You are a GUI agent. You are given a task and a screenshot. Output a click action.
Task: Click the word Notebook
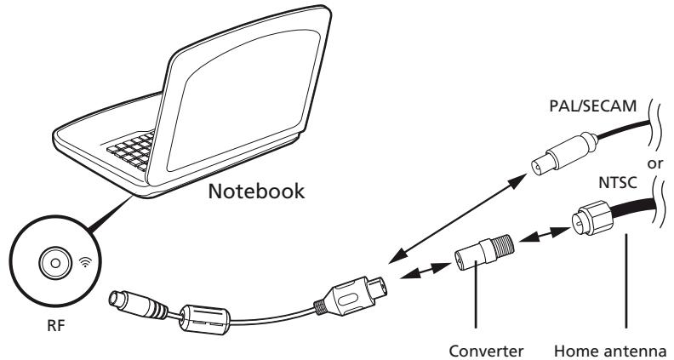pos(256,191)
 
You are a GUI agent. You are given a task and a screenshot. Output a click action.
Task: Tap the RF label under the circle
pos(56,326)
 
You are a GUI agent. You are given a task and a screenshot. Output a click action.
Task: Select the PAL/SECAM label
pos(593,106)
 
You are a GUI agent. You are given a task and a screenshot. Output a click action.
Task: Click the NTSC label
pos(618,183)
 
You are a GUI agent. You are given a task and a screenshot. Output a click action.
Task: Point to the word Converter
pos(486,351)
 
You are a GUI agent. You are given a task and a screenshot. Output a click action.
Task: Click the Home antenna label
pos(611,351)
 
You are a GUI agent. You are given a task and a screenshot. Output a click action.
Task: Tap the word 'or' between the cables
pos(655,163)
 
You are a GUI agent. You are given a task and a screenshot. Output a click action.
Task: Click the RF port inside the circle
pos(55,262)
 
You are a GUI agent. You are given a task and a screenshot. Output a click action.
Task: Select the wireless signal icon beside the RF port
pos(87,261)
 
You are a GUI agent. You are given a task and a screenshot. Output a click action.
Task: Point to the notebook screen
pos(241,101)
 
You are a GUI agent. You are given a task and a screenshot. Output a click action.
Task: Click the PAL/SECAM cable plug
pos(564,153)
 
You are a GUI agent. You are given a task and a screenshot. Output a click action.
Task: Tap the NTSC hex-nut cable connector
pos(592,218)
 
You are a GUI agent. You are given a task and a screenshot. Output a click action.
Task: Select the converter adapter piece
pos(484,252)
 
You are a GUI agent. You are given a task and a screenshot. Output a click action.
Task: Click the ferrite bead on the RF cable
pos(204,319)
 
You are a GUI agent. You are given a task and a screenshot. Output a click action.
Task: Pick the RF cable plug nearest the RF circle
pos(139,305)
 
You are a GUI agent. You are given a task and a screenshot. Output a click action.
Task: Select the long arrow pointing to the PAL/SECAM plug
pos(457,218)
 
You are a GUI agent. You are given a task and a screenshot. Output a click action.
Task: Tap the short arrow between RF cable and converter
pos(426,271)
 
